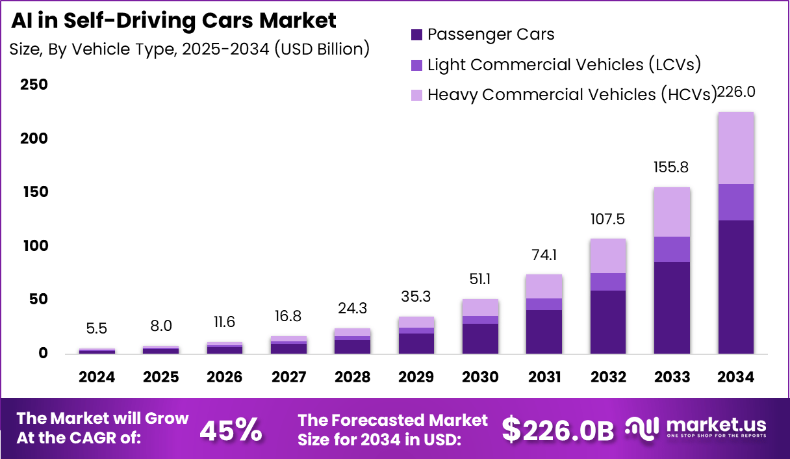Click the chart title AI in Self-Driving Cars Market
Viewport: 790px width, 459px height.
tap(173, 21)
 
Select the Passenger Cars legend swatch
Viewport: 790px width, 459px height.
tap(416, 34)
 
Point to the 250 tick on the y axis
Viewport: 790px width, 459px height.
tap(34, 85)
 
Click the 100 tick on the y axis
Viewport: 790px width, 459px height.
tap(34, 246)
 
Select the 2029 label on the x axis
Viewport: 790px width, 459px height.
tap(416, 377)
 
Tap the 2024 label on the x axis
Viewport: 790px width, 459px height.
tap(97, 377)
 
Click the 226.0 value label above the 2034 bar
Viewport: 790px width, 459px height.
tap(735, 92)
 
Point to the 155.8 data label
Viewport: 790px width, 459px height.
tap(672, 168)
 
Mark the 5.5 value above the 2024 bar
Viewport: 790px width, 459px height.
tap(97, 329)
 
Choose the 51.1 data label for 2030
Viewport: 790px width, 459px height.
tap(480, 279)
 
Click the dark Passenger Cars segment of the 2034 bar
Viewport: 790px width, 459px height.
tap(735, 286)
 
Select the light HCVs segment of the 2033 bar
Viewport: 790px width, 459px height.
tap(672, 212)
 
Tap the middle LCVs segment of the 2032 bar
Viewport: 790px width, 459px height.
tap(608, 282)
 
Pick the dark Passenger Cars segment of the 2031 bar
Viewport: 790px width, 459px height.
tap(544, 332)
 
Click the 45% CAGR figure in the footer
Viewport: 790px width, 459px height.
tap(231, 430)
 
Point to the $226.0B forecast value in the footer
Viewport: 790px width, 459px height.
tap(558, 430)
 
